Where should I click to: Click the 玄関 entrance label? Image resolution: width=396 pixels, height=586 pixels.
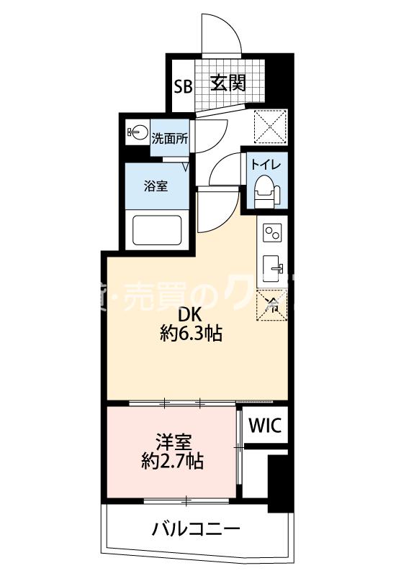tap(228, 83)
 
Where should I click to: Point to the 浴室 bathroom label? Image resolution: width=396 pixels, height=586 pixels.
tap(156, 186)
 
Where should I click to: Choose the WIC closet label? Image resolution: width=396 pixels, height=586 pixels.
tap(266, 425)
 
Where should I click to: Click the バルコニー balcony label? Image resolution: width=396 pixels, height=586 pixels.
tap(195, 531)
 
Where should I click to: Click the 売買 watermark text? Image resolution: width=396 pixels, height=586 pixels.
tap(159, 298)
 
